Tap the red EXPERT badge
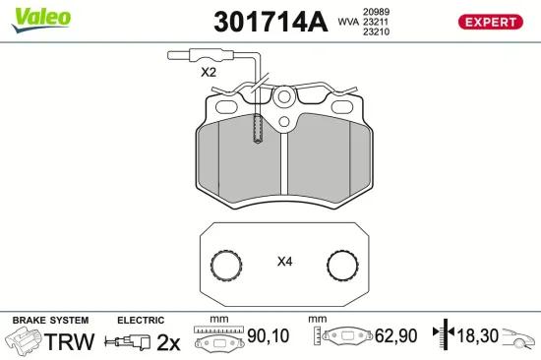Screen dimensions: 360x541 (489, 22)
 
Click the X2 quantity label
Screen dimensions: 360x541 (208, 72)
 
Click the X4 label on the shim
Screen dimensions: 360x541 (285, 262)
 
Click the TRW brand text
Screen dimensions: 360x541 (72, 341)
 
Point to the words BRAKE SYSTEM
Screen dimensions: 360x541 (49, 320)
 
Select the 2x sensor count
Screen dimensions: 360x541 (169, 341)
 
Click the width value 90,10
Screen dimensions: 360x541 (268, 336)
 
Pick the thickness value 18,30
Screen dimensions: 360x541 (479, 336)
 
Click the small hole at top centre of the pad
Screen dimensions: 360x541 (284, 96)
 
